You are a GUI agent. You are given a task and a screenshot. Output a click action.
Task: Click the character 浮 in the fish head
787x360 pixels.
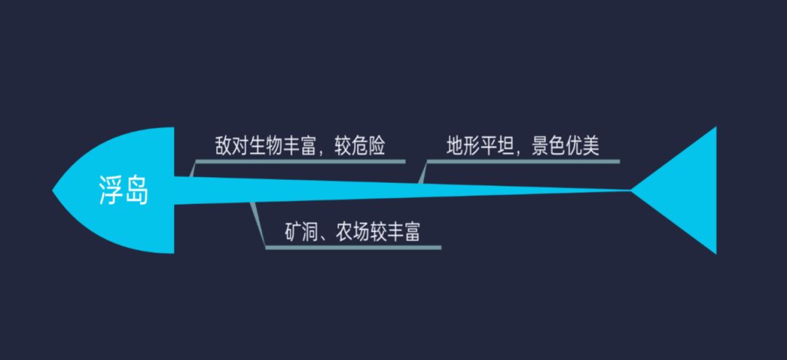(x=111, y=191)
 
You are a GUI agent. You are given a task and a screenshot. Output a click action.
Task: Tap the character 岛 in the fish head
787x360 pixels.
(x=136, y=191)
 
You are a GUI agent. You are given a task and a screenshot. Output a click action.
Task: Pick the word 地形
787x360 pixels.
(x=463, y=146)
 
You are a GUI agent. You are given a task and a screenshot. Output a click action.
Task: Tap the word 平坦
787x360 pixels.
(x=498, y=146)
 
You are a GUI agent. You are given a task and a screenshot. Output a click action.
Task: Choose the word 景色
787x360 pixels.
(x=549, y=146)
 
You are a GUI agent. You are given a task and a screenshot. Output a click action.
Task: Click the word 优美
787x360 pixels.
(x=583, y=146)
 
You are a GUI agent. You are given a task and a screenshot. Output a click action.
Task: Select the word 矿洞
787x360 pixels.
(x=302, y=232)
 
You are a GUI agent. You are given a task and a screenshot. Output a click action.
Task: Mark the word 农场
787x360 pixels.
(x=353, y=232)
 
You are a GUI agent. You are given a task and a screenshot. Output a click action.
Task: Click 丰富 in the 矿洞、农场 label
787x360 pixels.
(x=404, y=232)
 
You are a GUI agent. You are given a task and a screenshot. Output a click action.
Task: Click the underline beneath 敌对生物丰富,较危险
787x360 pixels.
(x=300, y=161)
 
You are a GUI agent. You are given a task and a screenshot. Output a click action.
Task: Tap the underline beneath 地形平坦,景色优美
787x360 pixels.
(x=523, y=161)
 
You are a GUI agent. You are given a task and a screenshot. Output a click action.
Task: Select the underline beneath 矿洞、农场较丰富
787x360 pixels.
(x=353, y=248)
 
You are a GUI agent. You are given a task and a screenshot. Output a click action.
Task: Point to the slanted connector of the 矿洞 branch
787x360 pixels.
(x=258, y=225)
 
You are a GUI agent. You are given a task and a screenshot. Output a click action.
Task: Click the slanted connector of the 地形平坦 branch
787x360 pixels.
(x=422, y=172)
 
